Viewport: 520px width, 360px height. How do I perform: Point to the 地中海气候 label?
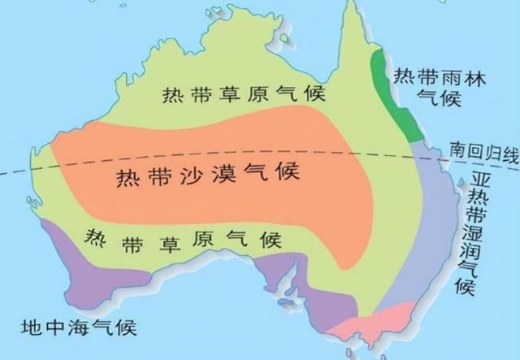point(78,328)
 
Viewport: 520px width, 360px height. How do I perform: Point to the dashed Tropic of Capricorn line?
point(244,157)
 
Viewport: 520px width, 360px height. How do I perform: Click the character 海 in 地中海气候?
point(78,328)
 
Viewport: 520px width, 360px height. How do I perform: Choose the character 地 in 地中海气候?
point(28,328)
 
